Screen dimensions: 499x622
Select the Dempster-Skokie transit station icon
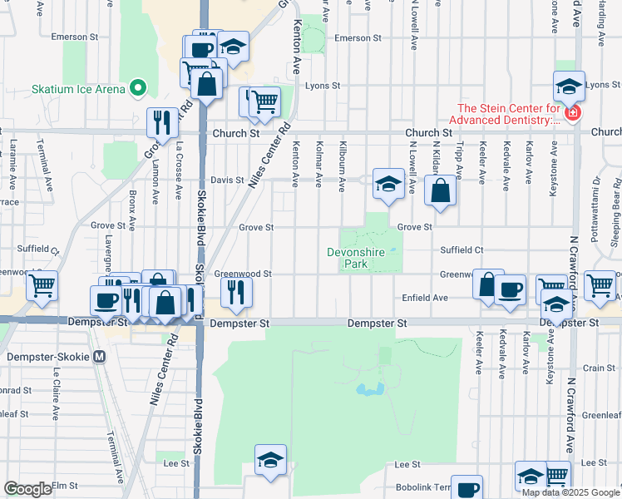[100, 357]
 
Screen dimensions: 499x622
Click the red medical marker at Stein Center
[571, 112]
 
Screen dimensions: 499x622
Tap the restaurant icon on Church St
[162, 122]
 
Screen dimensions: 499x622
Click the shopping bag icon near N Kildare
[440, 190]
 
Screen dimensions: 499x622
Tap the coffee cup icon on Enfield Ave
[511, 289]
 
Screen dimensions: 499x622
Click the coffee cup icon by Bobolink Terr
[467, 488]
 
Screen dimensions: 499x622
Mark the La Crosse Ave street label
[179, 170]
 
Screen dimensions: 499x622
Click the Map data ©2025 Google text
[570, 492]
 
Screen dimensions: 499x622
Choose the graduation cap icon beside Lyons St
[569, 85]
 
